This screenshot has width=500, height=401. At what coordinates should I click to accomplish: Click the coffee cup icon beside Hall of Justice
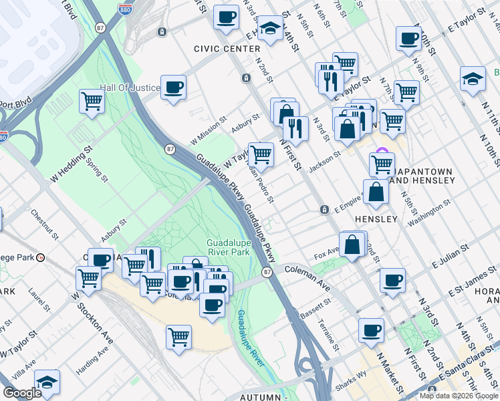(173, 87)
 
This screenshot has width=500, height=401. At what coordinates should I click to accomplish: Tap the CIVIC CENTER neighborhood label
(227, 49)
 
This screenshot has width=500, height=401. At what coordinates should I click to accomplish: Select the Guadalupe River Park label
(228, 247)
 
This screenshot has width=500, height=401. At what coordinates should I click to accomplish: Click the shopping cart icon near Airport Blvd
(92, 102)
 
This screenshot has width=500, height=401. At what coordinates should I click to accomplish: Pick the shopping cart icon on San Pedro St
(261, 155)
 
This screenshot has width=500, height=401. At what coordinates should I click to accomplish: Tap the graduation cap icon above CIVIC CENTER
(270, 28)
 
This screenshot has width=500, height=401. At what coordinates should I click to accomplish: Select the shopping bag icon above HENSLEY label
(376, 192)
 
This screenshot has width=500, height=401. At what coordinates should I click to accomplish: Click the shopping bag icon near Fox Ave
(352, 245)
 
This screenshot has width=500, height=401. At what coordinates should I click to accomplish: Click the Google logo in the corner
(22, 393)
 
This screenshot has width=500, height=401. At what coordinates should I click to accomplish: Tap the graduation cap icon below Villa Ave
(47, 382)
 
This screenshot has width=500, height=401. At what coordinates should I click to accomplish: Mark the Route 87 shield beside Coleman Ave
(267, 272)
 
